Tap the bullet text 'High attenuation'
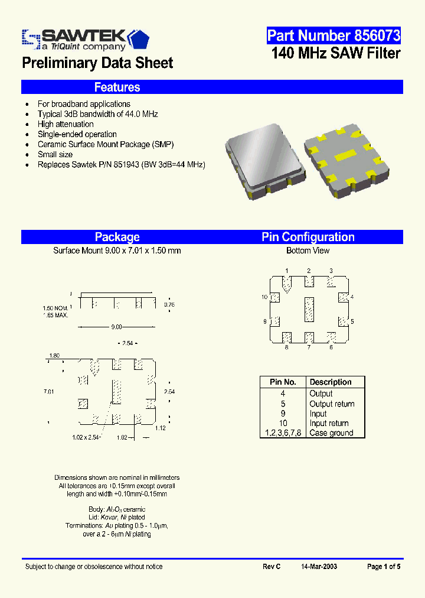tap(66, 124)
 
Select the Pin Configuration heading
tap(308, 237)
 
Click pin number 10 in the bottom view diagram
tap(264, 297)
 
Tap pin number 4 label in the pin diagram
tap(352, 297)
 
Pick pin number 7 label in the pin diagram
tap(308, 347)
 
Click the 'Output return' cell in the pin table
tap(332, 404)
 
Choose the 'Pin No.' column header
tap(283, 382)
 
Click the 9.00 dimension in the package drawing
tap(117, 327)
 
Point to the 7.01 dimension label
tap(48, 391)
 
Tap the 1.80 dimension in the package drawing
tap(55, 356)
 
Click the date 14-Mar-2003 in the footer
tap(319, 566)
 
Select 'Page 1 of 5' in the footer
tap(384, 566)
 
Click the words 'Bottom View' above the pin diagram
tap(308, 251)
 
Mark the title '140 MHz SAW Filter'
tap(336, 53)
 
